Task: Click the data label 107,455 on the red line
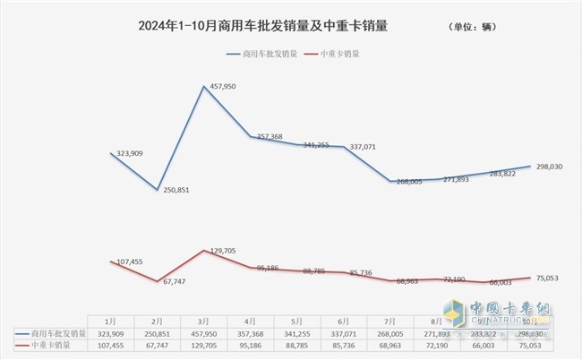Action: coord(124,261)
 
